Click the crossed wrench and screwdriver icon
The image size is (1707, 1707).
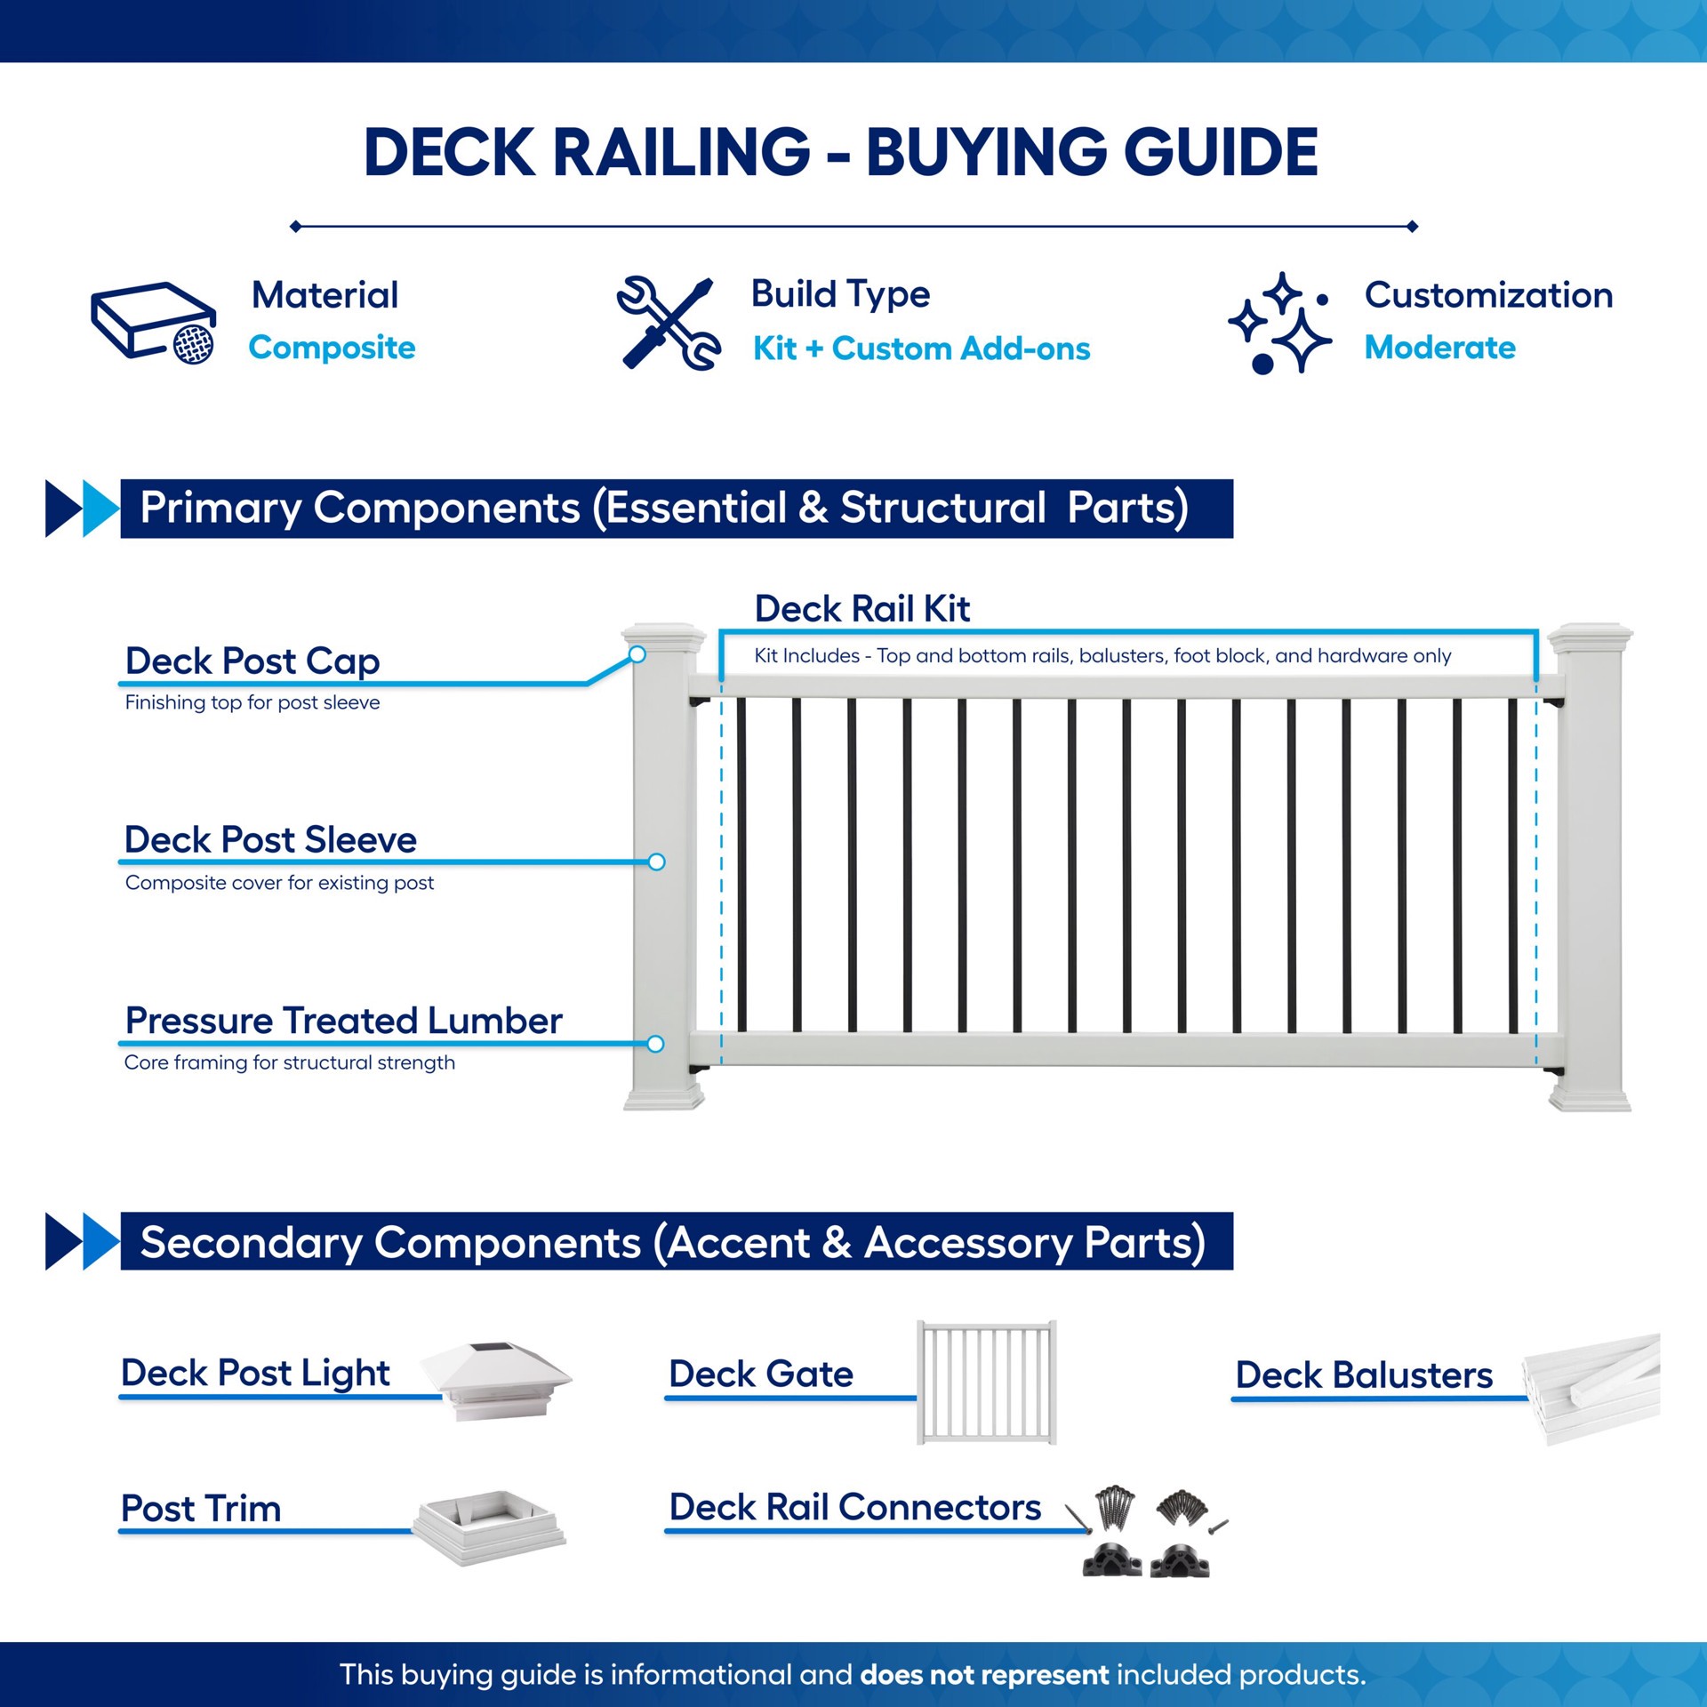(669, 322)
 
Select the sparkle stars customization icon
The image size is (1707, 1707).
(1280, 322)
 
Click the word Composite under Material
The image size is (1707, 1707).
(332, 348)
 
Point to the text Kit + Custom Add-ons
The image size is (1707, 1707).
(921, 349)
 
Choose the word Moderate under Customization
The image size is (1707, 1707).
(1439, 348)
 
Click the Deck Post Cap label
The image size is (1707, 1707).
(252, 661)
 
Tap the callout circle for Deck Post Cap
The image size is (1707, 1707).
(637, 655)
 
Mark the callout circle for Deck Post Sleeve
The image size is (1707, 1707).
(657, 862)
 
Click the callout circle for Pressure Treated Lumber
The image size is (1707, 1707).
(656, 1044)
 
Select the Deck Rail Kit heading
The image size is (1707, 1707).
(862, 609)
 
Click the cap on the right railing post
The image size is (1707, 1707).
(1590, 635)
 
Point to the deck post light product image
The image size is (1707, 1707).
(496, 1380)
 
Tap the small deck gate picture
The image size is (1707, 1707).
(987, 1382)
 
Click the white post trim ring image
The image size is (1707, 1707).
(489, 1526)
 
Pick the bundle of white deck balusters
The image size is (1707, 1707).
(1591, 1387)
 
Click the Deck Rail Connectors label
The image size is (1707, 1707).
(854, 1508)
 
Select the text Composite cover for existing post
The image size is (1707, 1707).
(279, 883)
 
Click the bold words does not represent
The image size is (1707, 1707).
(984, 1675)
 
